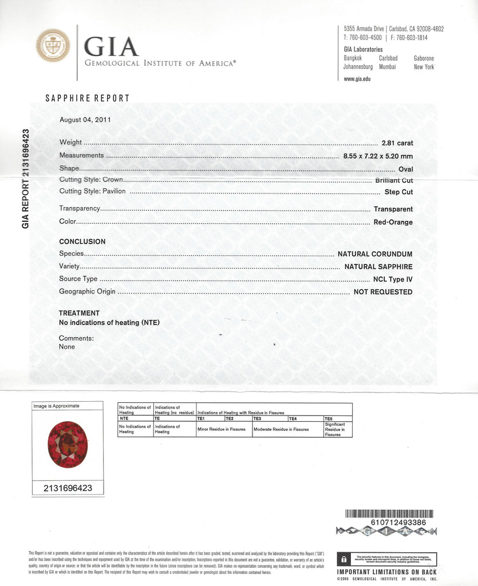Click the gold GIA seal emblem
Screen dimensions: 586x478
click(53, 45)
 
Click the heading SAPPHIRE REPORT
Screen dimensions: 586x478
click(88, 98)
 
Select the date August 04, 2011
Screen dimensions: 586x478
click(85, 120)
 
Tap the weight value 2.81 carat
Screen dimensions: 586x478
click(397, 142)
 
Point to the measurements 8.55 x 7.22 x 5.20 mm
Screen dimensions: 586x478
click(378, 156)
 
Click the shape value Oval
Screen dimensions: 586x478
click(405, 169)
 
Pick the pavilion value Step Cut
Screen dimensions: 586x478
click(398, 192)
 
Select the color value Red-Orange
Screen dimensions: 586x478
click(393, 222)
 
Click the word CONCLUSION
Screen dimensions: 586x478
click(82, 241)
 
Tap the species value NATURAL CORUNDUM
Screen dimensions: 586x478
click(375, 254)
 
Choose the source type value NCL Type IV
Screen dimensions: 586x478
click(393, 279)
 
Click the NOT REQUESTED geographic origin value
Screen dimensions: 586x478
click(383, 292)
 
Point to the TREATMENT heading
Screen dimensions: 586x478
click(79, 313)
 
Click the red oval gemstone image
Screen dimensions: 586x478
click(68, 445)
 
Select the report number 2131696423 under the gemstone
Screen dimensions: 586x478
click(68, 488)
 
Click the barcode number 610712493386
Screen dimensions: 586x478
click(390, 522)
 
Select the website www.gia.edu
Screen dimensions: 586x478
click(357, 79)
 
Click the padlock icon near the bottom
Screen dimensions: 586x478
click(343, 559)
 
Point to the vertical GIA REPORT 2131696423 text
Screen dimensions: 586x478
click(25, 179)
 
